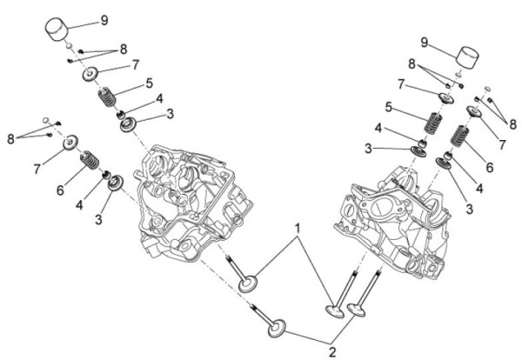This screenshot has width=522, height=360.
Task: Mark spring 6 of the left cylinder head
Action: pyautogui.click(x=90, y=161)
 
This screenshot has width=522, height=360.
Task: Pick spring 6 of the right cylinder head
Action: pyautogui.click(x=461, y=137)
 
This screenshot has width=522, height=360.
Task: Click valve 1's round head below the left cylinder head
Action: pyautogui.click(x=251, y=285)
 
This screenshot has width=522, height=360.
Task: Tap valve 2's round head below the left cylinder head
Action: pyautogui.click(x=277, y=330)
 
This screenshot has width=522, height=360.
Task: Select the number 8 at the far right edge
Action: pyautogui.click(x=513, y=124)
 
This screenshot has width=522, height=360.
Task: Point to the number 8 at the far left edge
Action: pyautogui.click(x=10, y=138)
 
